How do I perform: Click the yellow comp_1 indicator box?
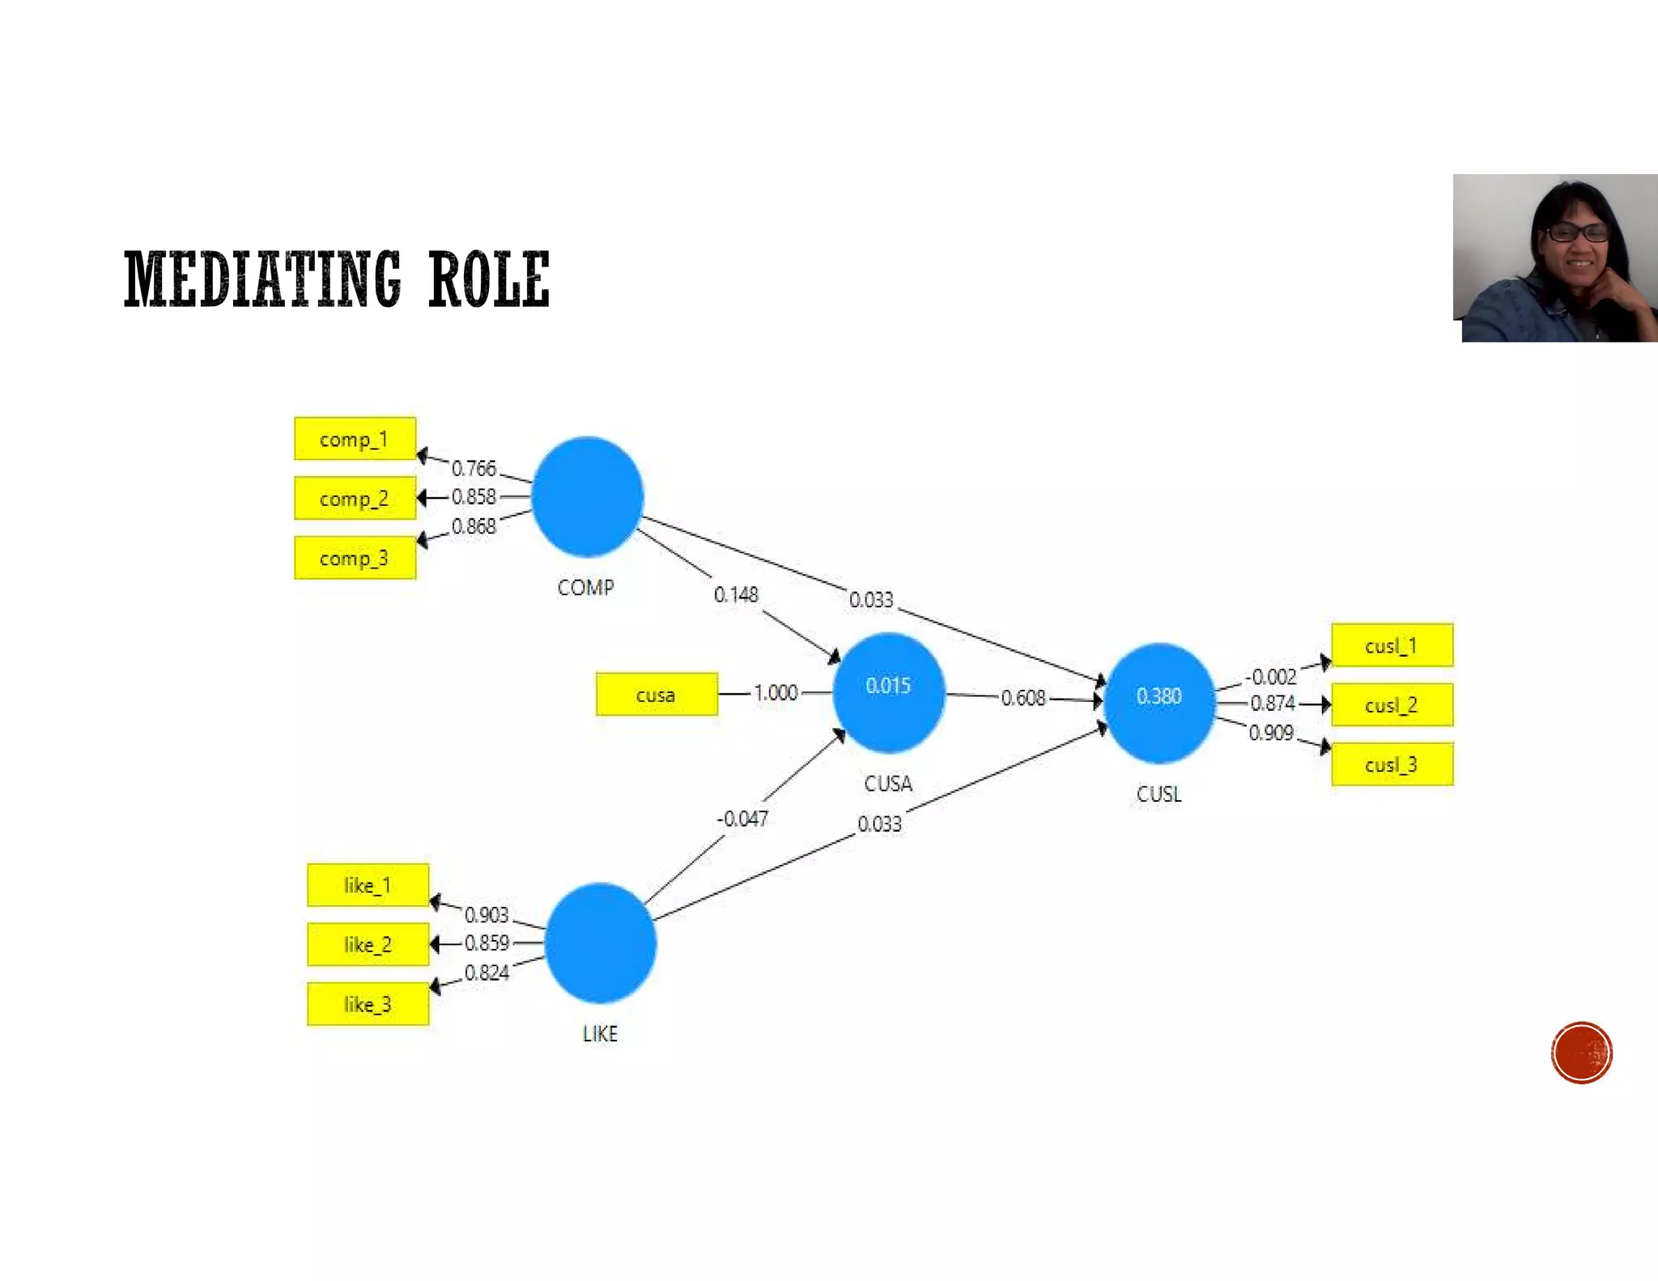[x=355, y=439]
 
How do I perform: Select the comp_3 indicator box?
[x=355, y=558]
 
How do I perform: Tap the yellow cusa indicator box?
[x=657, y=695]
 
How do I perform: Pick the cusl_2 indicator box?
[x=1392, y=705]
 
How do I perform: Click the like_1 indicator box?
[x=368, y=885]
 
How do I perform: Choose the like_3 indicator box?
[x=368, y=1004]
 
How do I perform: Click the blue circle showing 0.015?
[x=888, y=692]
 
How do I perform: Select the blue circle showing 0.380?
[x=1159, y=702]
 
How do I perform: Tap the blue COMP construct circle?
[x=588, y=496]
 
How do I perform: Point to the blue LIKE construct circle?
[x=601, y=943]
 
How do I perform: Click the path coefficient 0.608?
[x=1023, y=698]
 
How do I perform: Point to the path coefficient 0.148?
[x=736, y=595]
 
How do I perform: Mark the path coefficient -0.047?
[x=742, y=819]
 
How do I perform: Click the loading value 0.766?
[x=474, y=468]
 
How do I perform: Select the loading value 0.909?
[x=1271, y=733]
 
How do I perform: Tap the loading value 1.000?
[x=776, y=693]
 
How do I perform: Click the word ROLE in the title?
[x=489, y=279]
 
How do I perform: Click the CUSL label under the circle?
[x=1159, y=794]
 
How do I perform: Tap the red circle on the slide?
[x=1582, y=1053]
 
